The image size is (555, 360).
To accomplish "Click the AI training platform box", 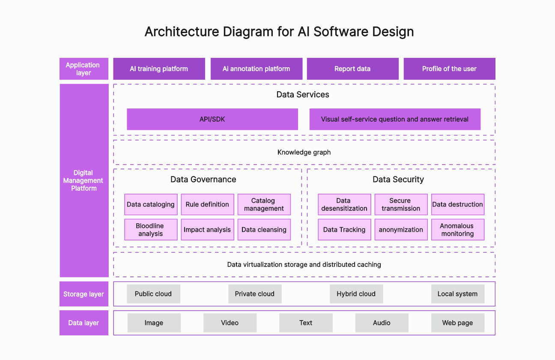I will point(159,69).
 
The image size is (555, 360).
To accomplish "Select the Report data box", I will point(352,69).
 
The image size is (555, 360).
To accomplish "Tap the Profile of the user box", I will point(449,69).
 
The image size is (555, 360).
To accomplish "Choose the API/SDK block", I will point(212,119).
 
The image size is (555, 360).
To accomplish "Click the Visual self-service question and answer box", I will point(395,119).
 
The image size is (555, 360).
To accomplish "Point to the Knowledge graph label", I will point(304,152).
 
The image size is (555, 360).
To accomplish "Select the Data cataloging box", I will point(151,204).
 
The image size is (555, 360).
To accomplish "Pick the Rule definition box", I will point(207,204).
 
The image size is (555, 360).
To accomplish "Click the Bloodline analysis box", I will point(151,230).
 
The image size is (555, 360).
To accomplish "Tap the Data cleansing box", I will point(264,230).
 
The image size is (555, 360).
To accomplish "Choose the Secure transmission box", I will point(401,204).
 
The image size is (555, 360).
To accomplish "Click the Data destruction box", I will point(457,204).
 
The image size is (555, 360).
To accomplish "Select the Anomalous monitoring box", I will point(457,230).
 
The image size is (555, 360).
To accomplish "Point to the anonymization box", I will point(401,230).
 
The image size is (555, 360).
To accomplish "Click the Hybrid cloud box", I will point(356,294).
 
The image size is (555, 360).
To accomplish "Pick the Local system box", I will point(457,294).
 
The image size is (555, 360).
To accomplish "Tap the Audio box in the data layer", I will point(382,323).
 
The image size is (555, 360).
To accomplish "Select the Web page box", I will point(457,323).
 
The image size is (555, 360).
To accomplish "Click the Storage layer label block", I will point(84,294).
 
